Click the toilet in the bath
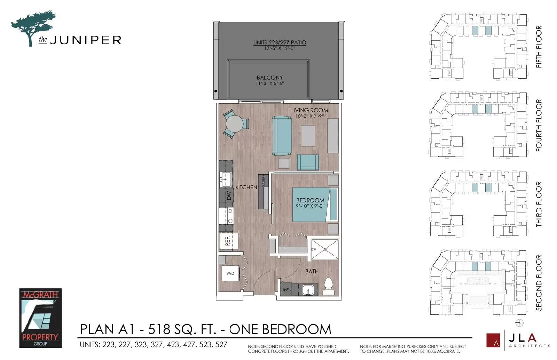coord(328,286)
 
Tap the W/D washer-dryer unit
coord(230,273)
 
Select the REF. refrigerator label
coord(228,241)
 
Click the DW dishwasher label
coord(229,195)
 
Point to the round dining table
coord(234,124)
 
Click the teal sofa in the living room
coord(282,136)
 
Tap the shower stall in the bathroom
coord(325,249)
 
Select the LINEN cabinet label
coord(286,290)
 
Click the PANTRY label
coord(263,181)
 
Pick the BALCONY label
coord(270,78)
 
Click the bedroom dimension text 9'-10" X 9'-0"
coord(310,206)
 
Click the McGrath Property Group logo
coord(40,318)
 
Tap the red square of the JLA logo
coord(493,340)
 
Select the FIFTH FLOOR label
coord(539,47)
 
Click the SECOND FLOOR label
coord(539,282)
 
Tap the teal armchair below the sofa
coord(308,162)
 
